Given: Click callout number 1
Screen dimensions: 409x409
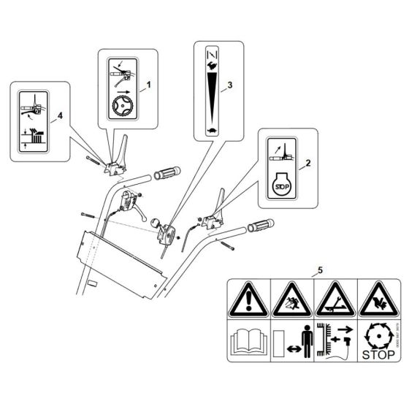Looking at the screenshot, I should [x=149, y=85].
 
